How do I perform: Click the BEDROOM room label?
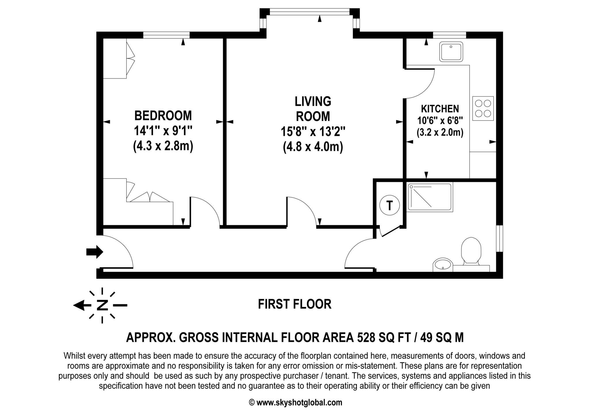163,116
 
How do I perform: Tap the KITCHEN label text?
440,109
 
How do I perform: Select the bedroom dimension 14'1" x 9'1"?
163,131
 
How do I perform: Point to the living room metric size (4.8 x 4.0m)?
313,147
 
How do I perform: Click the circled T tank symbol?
389,206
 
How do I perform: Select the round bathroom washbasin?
442,264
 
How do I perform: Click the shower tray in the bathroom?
430,197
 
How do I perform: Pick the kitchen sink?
451,52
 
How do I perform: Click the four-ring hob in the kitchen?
483,108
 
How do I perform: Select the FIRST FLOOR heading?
294,304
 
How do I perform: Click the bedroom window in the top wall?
166,35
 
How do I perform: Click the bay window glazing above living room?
309,12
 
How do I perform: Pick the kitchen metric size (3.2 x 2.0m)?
440,132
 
